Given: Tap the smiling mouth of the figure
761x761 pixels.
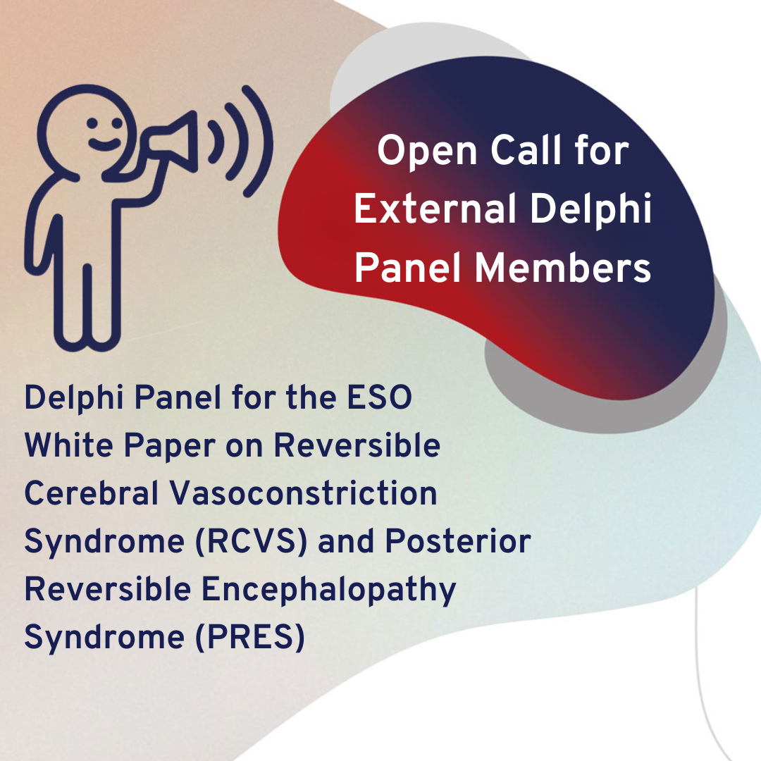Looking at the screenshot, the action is [x=104, y=144].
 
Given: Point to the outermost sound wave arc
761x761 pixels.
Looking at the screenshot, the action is [x=258, y=141].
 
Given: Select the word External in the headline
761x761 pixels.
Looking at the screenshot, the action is [x=435, y=209].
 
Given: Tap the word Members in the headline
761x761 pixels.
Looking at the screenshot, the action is [x=562, y=268].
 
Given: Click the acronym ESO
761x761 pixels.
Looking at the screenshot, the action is [x=379, y=397].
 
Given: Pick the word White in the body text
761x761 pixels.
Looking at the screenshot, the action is [x=68, y=445].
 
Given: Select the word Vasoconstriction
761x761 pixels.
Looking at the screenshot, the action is [x=303, y=493].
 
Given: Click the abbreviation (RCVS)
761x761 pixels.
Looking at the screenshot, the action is [x=251, y=542].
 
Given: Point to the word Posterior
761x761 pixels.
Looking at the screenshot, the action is [x=458, y=540].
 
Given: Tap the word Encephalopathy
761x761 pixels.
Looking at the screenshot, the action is [x=328, y=590].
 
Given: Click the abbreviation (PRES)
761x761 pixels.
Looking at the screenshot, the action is [x=249, y=637].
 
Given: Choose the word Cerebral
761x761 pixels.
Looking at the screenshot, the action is [x=91, y=493].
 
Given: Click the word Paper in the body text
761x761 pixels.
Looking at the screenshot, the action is [x=169, y=446].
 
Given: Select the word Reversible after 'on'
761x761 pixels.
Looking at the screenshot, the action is [x=357, y=445].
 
